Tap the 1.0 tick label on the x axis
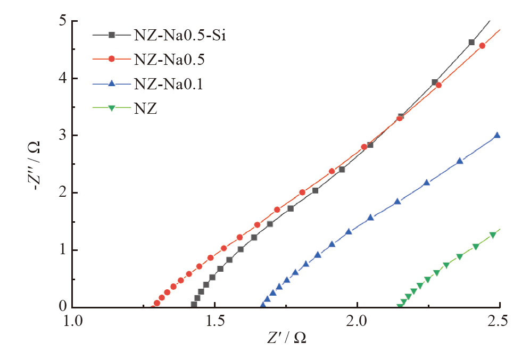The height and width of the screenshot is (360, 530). pyautogui.click(x=72, y=321)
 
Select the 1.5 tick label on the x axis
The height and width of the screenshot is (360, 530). pyautogui.click(x=215, y=321)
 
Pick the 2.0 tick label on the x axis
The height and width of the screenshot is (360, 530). pyautogui.click(x=358, y=321)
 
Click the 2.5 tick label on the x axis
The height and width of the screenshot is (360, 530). pyautogui.click(x=500, y=321)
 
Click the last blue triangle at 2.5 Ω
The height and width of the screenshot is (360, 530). pyautogui.click(x=497, y=135)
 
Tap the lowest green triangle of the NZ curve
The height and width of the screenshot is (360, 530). pyautogui.click(x=400, y=306)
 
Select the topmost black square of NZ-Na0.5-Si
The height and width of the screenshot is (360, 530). pyautogui.click(x=471, y=43)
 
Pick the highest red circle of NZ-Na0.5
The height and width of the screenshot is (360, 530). pyautogui.click(x=482, y=46)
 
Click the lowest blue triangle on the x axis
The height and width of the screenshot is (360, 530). pyautogui.click(x=263, y=305)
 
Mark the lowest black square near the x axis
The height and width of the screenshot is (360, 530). pyautogui.click(x=194, y=304)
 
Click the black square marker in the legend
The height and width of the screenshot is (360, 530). pyautogui.click(x=112, y=35)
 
